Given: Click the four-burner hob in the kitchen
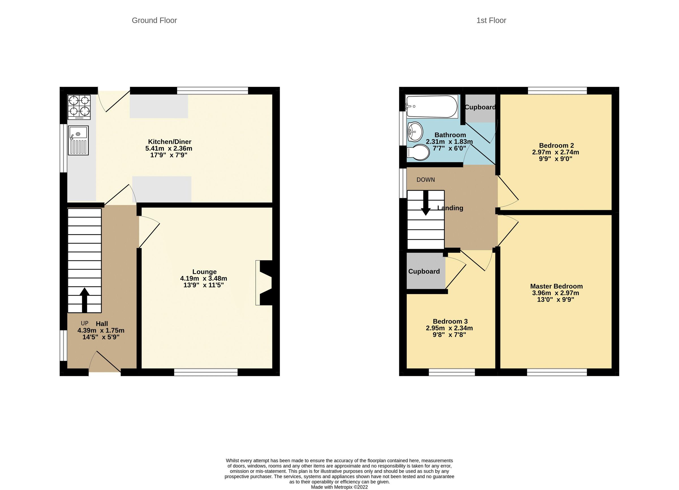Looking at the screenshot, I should click(79, 107).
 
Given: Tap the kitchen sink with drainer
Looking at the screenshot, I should click(78, 140).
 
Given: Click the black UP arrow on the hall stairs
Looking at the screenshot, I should click(84, 299).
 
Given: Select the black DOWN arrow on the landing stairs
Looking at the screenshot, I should click(426, 204).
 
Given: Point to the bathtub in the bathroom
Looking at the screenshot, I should click(431, 107).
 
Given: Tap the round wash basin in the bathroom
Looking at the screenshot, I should click(415, 131).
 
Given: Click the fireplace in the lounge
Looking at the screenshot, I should click(264, 283).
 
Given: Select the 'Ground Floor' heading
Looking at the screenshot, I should click(154, 20).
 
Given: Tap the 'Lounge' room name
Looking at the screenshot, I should click(204, 272).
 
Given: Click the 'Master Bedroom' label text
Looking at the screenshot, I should click(556, 286).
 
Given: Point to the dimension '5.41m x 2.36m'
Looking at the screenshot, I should click(169, 148).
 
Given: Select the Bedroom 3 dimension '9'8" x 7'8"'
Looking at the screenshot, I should click(449, 335).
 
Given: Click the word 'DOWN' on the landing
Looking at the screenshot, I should click(426, 180).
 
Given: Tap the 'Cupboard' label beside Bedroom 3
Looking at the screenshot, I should click(424, 271).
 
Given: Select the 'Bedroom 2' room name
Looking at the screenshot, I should click(556, 145).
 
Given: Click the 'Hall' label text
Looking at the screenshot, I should click(102, 324).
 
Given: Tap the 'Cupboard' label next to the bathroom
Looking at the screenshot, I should click(480, 107).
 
